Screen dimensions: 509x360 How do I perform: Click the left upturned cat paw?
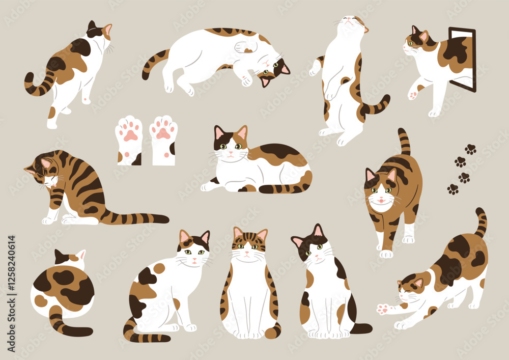129,140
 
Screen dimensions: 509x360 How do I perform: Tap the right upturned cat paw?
163,140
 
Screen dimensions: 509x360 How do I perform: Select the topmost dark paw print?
470,149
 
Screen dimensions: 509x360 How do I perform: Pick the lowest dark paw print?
453,189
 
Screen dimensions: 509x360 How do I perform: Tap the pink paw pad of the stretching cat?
383,309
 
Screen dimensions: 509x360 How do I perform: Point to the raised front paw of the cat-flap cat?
412,95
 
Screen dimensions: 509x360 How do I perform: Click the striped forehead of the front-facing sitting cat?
249,238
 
